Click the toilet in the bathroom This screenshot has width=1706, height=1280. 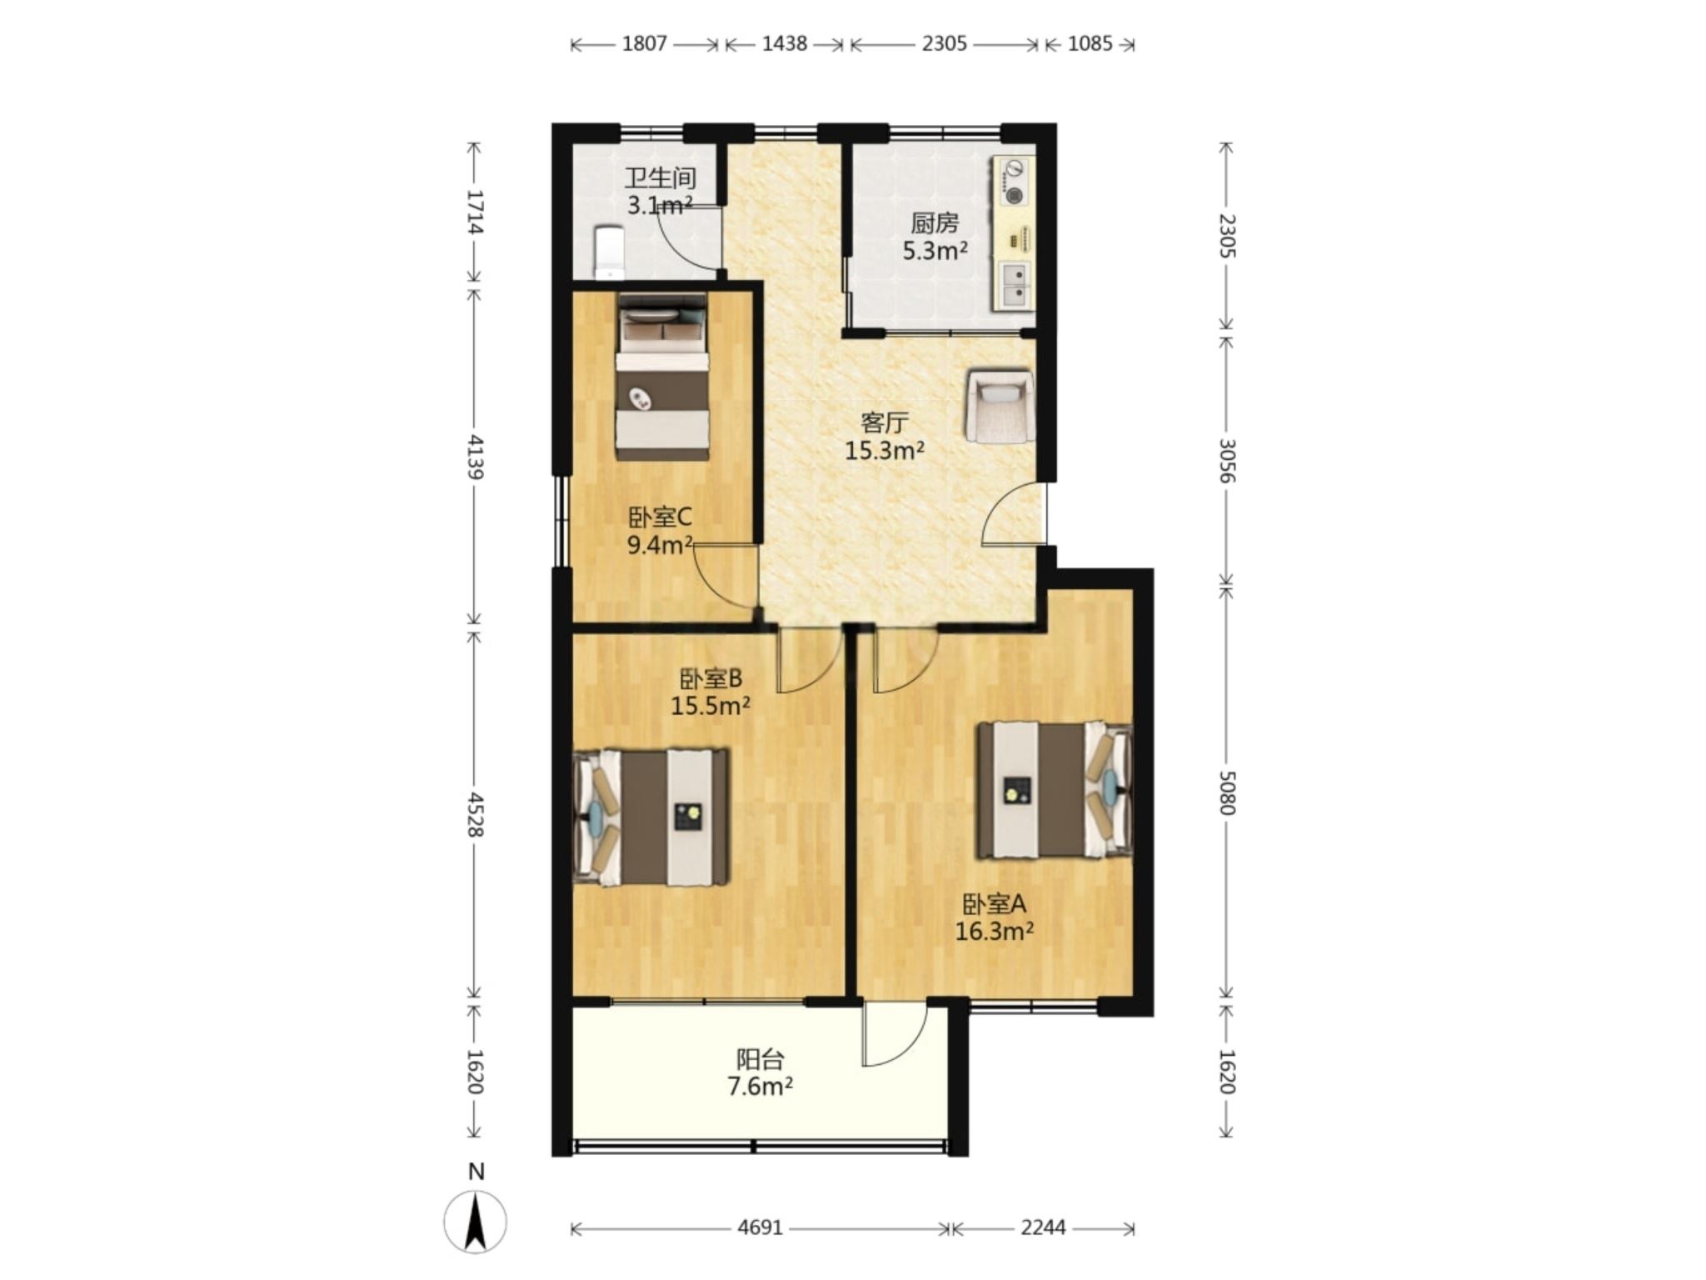point(609,252)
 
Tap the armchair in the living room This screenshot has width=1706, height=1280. point(999,406)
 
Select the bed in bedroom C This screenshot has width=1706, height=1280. point(662,376)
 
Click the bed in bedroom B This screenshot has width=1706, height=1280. point(651,817)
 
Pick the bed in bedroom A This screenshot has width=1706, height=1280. point(1055,790)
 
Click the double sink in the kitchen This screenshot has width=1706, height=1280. point(1015,285)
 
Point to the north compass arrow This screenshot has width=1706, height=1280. point(476,1222)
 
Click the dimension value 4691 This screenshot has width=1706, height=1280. point(760,1227)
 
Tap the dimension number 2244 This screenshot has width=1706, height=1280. point(1043,1227)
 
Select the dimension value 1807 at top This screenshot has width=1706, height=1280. point(645,43)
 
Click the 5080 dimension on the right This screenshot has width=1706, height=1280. point(1226,792)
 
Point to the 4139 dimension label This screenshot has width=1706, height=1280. point(476,457)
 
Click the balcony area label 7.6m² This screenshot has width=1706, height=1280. point(760,1087)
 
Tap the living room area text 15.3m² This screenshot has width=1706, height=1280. point(885,451)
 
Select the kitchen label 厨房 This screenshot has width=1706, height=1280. point(935,223)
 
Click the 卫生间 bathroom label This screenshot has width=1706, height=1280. point(661,178)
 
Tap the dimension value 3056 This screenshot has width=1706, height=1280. point(1226,461)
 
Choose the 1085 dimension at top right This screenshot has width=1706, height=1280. point(1090,43)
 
